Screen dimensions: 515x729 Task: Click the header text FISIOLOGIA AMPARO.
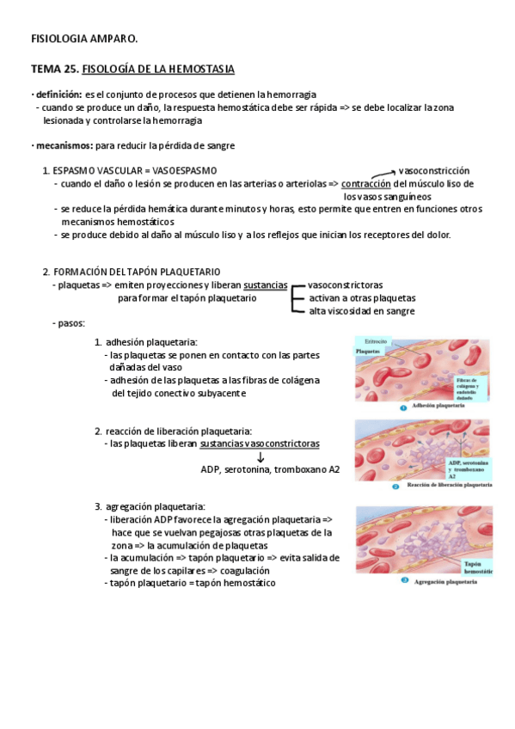[x=84, y=38]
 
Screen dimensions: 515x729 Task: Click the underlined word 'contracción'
[x=366, y=183]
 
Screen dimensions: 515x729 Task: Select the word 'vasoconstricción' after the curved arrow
[x=434, y=170]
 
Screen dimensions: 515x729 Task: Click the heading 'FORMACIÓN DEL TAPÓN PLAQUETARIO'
[x=137, y=271]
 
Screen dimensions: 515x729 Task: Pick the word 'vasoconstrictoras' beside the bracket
[x=346, y=285]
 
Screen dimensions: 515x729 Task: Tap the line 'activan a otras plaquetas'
[x=362, y=297]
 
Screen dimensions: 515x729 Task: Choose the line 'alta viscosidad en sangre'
[x=362, y=310]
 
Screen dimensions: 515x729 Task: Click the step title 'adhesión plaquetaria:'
[x=151, y=342]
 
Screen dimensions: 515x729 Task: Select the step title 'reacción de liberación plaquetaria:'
[x=179, y=431]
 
